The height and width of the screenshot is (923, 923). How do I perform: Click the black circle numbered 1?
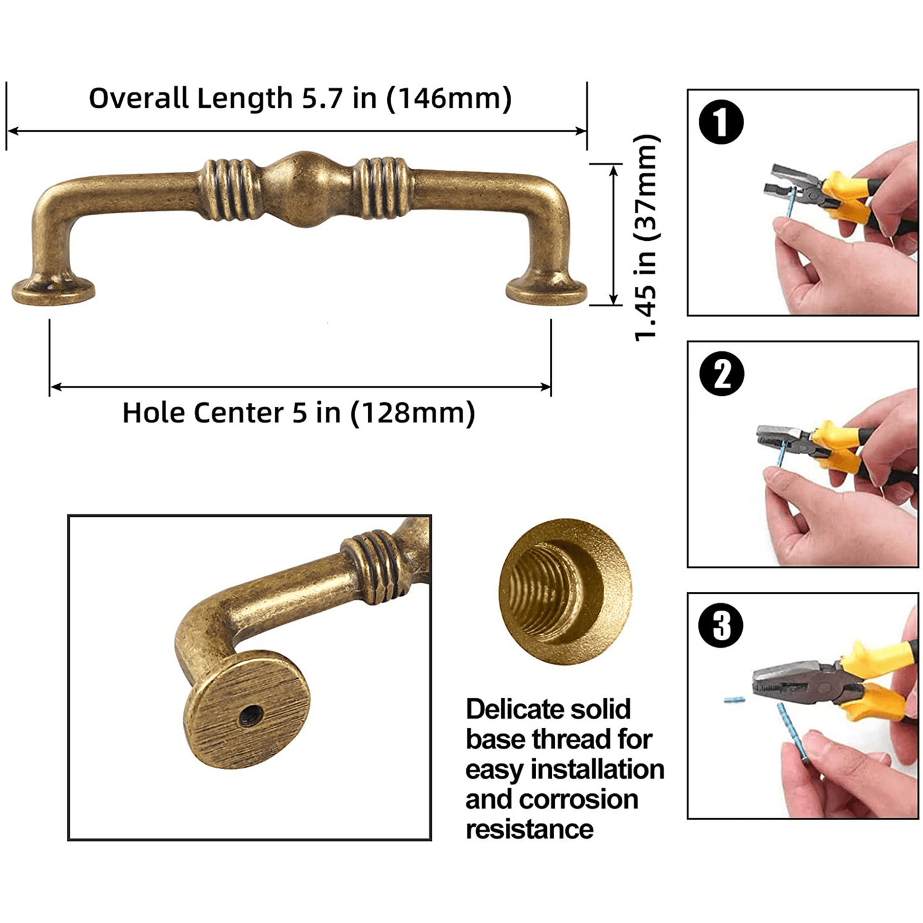(721, 121)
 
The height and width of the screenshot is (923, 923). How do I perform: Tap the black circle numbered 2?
(721, 373)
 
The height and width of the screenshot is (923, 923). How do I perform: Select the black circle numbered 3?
(721, 625)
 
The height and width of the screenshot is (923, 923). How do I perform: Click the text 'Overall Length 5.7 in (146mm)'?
(300, 98)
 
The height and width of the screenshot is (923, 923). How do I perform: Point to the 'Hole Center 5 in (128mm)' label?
(299, 413)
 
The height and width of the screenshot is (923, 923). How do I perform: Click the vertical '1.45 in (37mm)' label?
(647, 238)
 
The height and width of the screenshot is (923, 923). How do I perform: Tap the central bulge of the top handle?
(307, 188)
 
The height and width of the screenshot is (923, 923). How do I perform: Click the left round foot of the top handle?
(53, 290)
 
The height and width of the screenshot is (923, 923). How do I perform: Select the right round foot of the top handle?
(547, 290)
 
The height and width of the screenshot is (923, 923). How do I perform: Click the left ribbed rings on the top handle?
(226, 189)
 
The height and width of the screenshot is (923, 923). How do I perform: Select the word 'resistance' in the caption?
(530, 829)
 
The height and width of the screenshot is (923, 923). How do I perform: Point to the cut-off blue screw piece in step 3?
(734, 700)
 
